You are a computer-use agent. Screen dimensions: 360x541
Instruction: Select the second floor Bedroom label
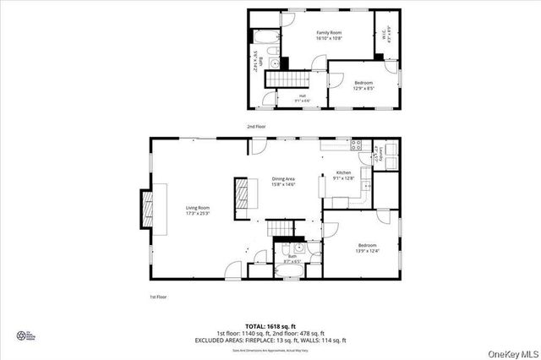[363, 85]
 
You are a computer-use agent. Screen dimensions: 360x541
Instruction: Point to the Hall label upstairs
[303, 98]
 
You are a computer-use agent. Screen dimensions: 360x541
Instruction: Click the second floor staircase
[288, 79]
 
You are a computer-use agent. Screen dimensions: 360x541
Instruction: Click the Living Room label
[198, 210]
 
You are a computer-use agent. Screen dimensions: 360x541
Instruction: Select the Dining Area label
[283, 181]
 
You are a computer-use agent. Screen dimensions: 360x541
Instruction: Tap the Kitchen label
[343, 175]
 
